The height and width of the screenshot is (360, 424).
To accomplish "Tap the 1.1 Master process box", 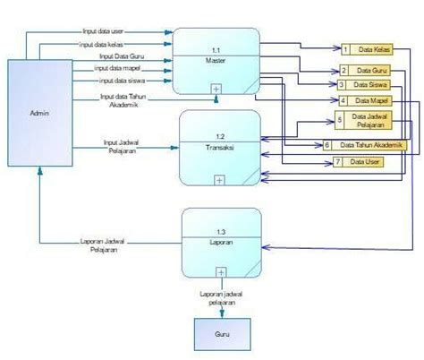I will click(x=216, y=61).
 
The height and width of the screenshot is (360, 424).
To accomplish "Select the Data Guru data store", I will click(x=370, y=69).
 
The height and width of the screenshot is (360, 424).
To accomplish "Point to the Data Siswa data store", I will click(x=371, y=84).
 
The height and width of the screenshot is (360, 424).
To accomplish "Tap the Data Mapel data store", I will click(x=371, y=99).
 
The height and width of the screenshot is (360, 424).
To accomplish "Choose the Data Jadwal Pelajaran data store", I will click(x=371, y=121).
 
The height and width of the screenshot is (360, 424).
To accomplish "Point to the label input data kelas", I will click(x=101, y=43).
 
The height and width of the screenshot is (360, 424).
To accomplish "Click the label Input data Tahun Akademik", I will click(x=123, y=100).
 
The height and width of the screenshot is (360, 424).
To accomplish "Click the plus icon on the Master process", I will click(x=216, y=88).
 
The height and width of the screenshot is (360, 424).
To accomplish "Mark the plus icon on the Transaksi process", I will click(x=219, y=179).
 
